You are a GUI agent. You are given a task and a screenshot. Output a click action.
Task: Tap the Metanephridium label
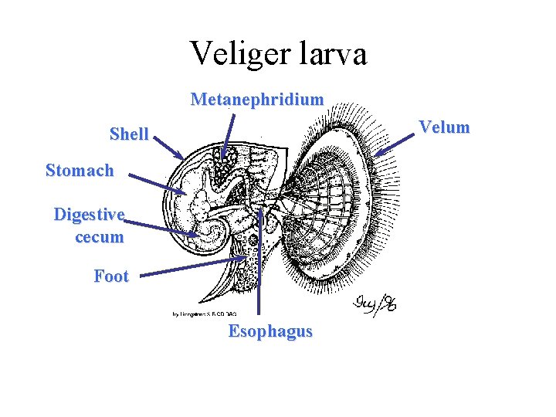pyautogui.click(x=257, y=100)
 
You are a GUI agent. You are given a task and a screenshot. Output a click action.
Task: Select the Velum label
pyautogui.click(x=444, y=127)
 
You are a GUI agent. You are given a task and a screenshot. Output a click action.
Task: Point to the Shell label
pyautogui.click(x=129, y=134)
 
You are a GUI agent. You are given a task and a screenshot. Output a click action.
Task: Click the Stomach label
pyautogui.click(x=80, y=170)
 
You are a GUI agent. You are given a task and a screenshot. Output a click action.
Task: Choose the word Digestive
pyautogui.click(x=89, y=214)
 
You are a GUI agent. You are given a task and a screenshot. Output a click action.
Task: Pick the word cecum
pyautogui.click(x=99, y=237)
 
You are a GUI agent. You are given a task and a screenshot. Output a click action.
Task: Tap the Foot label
pyautogui.click(x=111, y=276)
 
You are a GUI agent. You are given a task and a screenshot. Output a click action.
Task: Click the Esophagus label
pyautogui.click(x=270, y=331)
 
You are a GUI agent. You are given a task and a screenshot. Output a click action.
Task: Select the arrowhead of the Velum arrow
pyautogui.click(x=377, y=154)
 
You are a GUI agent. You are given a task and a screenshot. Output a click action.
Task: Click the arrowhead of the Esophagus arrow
pyautogui.click(x=261, y=208)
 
